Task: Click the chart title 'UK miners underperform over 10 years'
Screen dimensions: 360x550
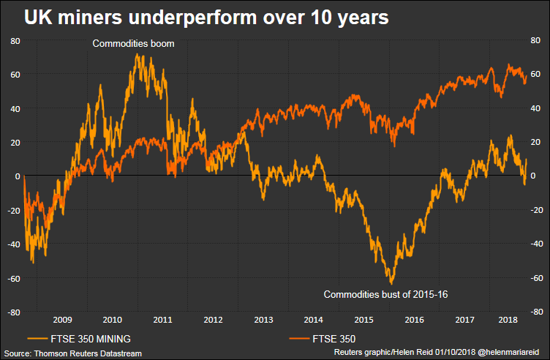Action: coord(206,18)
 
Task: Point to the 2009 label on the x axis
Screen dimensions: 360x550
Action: coord(61,320)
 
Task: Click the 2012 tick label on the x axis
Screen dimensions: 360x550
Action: coord(213,320)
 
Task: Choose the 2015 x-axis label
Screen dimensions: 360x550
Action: coord(363,320)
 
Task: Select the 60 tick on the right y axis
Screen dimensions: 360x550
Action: coord(535,75)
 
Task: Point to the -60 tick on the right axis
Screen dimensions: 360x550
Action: coord(534,278)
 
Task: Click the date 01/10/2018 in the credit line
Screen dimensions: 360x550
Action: coord(453,353)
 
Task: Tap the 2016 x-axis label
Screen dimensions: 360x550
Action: coord(414,320)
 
